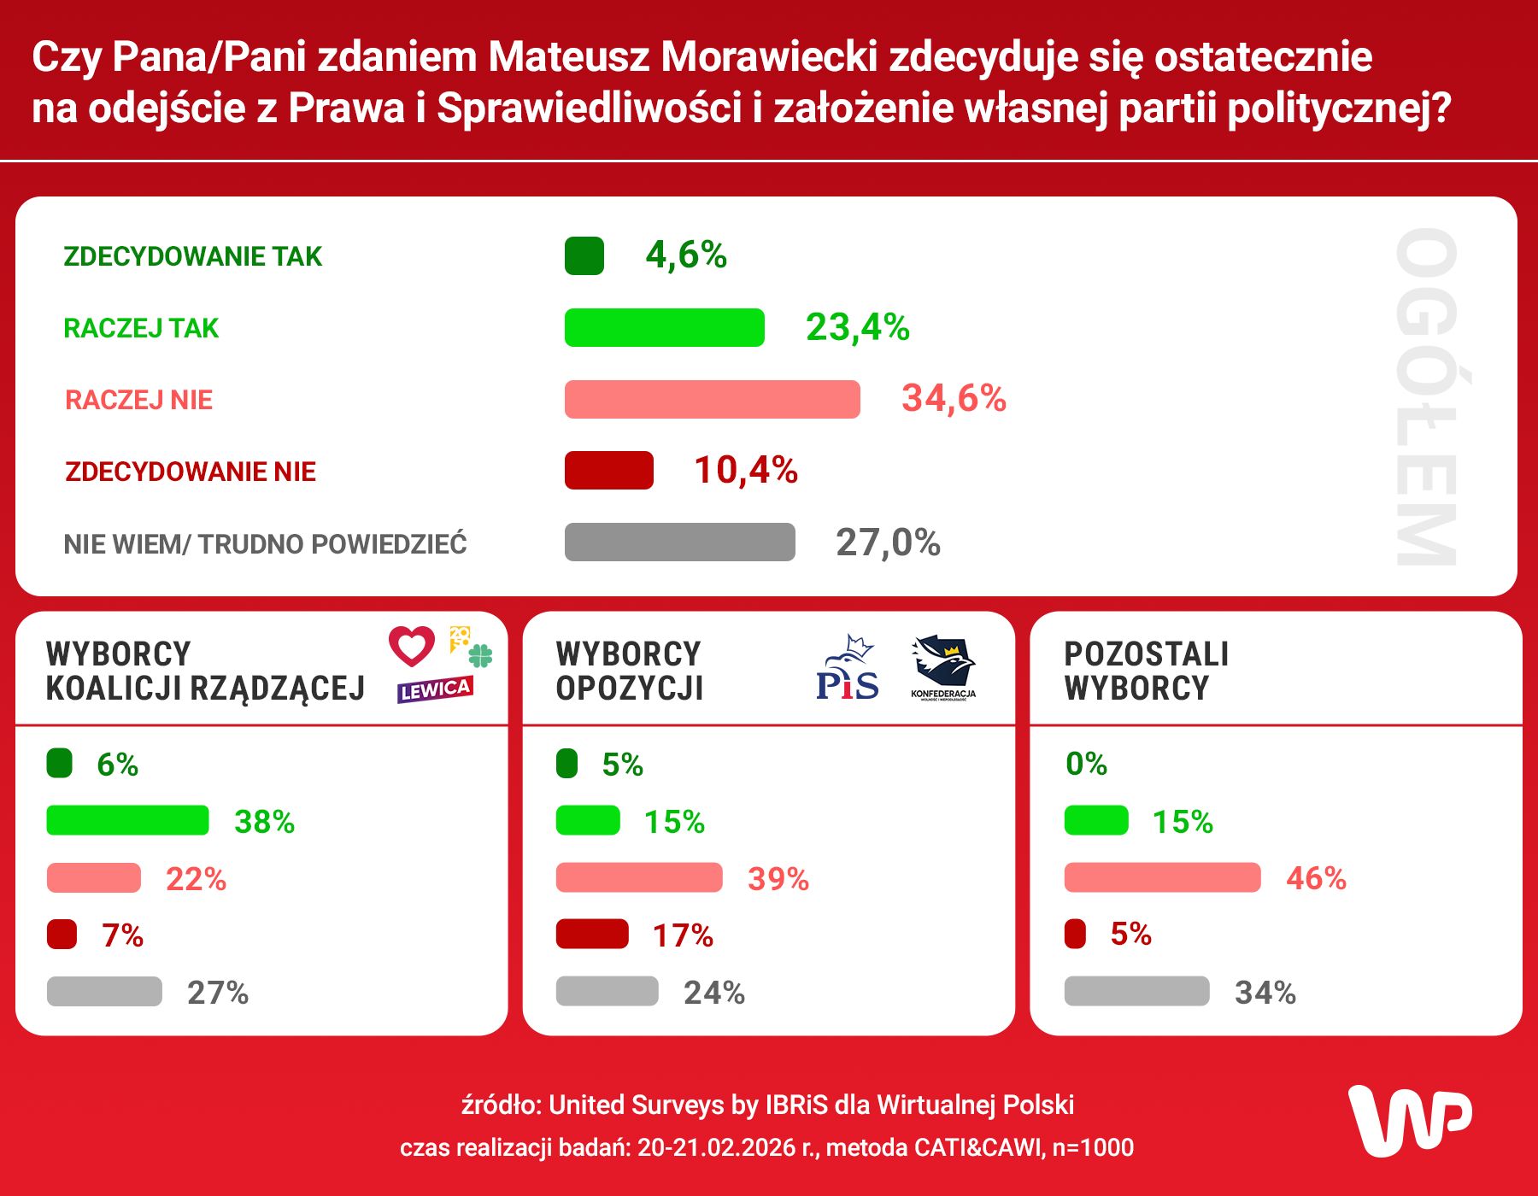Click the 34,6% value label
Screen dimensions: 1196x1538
[x=954, y=399]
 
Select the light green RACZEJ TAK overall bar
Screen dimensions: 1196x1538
[x=664, y=328]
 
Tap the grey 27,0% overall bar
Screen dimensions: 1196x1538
[x=679, y=542]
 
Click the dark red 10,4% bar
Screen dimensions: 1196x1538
[x=608, y=471]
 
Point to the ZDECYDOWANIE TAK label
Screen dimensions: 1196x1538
[x=192, y=256]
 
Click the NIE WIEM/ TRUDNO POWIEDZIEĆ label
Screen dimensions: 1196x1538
[x=265, y=544]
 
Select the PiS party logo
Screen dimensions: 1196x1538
[x=847, y=669]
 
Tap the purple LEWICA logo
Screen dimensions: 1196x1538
[x=434, y=689]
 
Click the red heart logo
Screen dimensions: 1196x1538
[x=412, y=646]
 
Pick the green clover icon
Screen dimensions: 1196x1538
[x=481, y=656]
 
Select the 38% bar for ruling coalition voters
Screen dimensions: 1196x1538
[x=127, y=820]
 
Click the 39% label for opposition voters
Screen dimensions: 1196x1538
[x=778, y=879]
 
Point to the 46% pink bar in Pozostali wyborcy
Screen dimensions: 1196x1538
[x=1162, y=877]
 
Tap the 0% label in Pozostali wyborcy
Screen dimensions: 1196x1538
[x=1086, y=764]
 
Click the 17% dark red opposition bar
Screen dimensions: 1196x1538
[x=592, y=935]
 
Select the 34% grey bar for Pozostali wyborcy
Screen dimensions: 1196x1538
[x=1136, y=992]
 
